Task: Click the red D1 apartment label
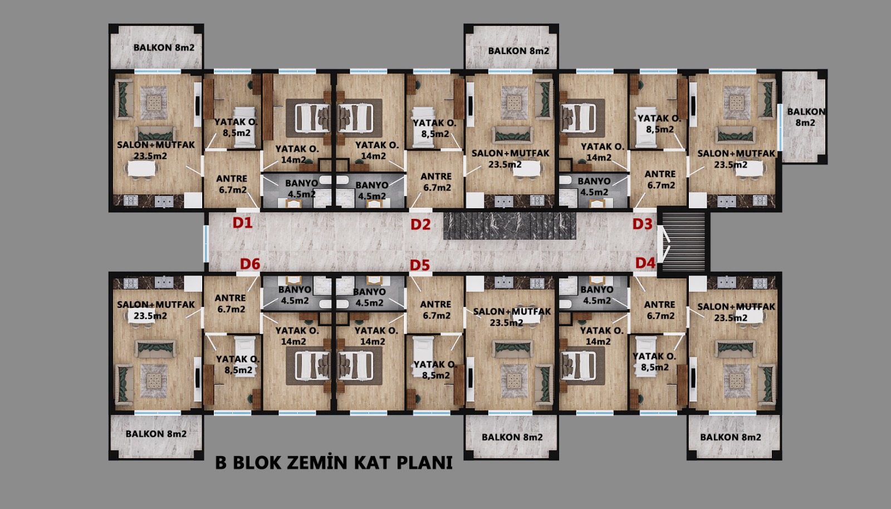pyautogui.click(x=242, y=223)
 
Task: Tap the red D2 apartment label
pyautogui.click(x=420, y=224)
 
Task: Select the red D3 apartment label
pyautogui.click(x=643, y=224)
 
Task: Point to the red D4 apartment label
pyautogui.click(x=645, y=263)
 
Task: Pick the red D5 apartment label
pyautogui.click(x=420, y=265)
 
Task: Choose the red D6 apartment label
pyautogui.click(x=250, y=263)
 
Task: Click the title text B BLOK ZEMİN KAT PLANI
pyautogui.click(x=334, y=462)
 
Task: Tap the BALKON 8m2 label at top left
pyautogui.click(x=164, y=47)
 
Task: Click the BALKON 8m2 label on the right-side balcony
pyautogui.click(x=806, y=117)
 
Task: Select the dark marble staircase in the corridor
pyautogui.click(x=510, y=226)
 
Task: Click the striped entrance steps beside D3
pyautogui.click(x=683, y=242)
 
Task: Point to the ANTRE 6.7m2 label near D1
pyautogui.click(x=232, y=184)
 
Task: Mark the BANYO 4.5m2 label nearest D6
pyautogui.click(x=295, y=295)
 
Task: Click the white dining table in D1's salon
pyautogui.click(x=141, y=169)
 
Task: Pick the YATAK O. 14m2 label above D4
pyautogui.click(x=601, y=336)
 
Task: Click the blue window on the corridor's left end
pyautogui.click(x=206, y=244)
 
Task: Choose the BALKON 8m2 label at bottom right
pyautogui.click(x=731, y=437)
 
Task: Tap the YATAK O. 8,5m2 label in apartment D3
pyautogui.click(x=659, y=124)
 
